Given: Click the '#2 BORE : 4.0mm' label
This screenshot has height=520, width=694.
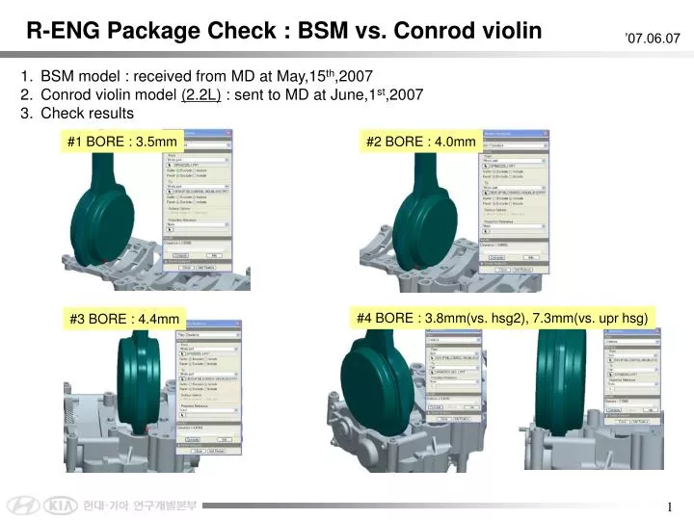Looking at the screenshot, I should point(421,143).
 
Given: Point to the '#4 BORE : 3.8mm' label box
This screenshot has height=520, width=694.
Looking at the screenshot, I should point(501,317).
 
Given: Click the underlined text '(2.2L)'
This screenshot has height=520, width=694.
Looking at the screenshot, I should point(201,94).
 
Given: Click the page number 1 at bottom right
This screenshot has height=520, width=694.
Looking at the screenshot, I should point(669,507).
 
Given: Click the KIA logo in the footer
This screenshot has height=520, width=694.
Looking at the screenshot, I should point(59,506).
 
